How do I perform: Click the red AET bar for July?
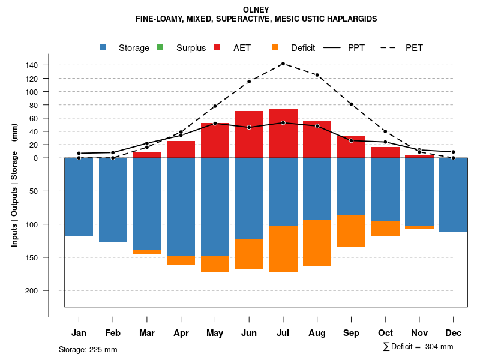click(283, 133)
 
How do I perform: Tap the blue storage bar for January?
click(79, 197)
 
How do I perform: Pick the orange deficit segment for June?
click(249, 254)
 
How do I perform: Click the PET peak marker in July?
click(283, 64)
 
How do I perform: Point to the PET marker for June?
click(249, 82)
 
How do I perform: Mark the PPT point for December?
click(454, 152)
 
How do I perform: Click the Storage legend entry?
click(133, 48)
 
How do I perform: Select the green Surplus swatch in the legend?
click(160, 47)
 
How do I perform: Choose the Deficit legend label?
click(302, 48)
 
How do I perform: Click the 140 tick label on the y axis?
click(49, 65)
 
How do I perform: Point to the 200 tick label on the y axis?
click(49, 290)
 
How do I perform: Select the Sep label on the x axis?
click(352, 333)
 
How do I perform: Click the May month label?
click(215, 333)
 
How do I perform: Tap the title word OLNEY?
click(256, 10)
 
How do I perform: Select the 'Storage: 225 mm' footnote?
click(88, 349)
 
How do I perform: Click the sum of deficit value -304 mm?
click(436, 347)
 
